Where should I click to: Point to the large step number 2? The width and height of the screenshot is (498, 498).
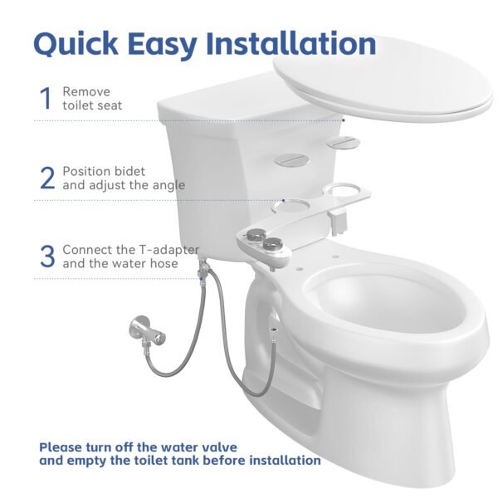point(47,177)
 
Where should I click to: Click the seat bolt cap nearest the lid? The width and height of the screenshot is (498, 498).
point(340,144)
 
